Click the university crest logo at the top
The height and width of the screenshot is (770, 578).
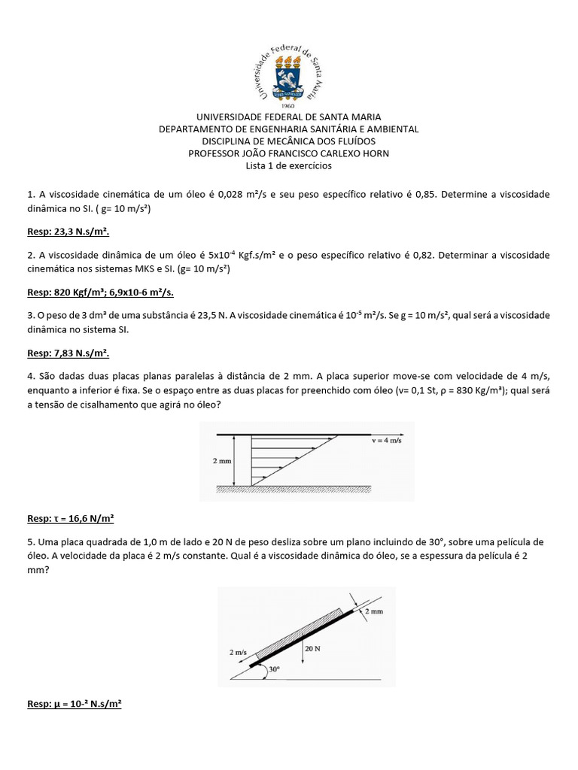(x=289, y=74)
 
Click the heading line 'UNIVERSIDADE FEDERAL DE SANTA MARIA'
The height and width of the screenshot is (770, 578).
(x=289, y=117)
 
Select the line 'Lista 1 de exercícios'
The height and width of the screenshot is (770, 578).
(x=289, y=165)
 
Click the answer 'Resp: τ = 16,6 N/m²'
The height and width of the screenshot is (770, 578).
(x=70, y=518)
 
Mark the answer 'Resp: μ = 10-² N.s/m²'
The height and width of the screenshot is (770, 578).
(x=74, y=705)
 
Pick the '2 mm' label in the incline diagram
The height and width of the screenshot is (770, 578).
(x=373, y=612)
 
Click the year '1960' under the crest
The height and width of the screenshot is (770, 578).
(x=288, y=105)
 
